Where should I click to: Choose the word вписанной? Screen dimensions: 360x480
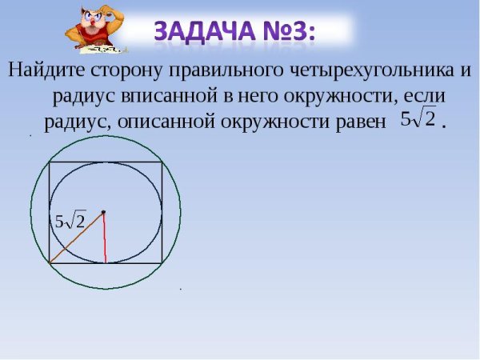(x=168, y=96)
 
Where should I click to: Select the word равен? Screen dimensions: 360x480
(x=349, y=122)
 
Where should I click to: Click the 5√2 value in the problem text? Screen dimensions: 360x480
(x=418, y=120)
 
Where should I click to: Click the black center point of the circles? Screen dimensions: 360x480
(x=103, y=212)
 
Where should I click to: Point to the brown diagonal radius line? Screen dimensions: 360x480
(x=76, y=238)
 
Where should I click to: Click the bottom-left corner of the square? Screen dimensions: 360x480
(x=50, y=262)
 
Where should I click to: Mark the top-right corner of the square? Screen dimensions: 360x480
(x=164, y=162)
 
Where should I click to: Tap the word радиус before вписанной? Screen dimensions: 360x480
(x=85, y=96)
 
